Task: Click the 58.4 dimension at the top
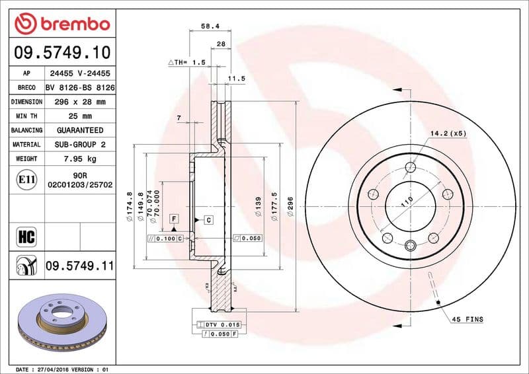[210, 28]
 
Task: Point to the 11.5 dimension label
[236, 78]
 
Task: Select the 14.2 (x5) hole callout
[448, 133]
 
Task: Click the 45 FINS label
[468, 320]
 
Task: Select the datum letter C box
[208, 219]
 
